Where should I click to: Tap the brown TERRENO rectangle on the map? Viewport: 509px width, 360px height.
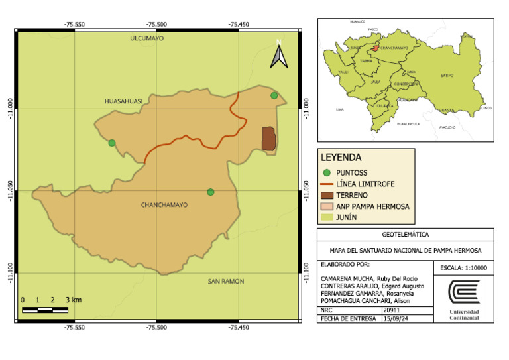[268, 139]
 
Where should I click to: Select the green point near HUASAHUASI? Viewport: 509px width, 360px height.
[112, 143]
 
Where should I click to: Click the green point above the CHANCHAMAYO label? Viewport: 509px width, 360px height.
[211, 192]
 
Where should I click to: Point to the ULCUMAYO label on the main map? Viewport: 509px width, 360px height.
[146, 38]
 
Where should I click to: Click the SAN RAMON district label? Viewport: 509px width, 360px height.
[226, 281]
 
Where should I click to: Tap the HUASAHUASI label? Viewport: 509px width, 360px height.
[124, 101]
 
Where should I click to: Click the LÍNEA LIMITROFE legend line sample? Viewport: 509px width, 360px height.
[326, 184]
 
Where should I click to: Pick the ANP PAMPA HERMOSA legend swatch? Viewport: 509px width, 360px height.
[326, 206]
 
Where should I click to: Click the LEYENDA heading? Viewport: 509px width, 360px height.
[341, 158]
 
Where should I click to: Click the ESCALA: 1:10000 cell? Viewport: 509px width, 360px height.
[463, 268]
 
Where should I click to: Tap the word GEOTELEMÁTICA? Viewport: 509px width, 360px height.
[406, 235]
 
